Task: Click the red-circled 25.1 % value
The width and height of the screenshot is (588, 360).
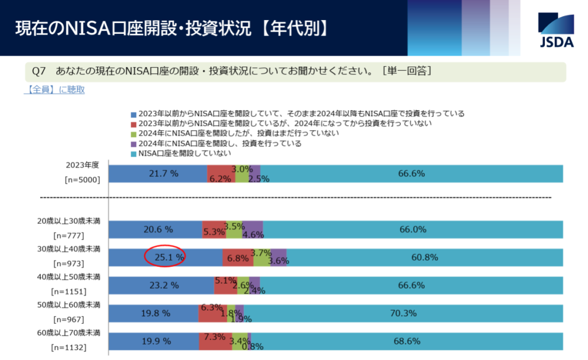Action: coord(164,258)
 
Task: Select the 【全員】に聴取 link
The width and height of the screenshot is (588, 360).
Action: coord(55,90)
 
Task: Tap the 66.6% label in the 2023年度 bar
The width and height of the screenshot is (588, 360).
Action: coord(411,173)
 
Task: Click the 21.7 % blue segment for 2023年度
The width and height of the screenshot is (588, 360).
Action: coord(157,173)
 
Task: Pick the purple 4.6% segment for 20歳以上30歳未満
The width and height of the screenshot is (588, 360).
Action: coord(253,230)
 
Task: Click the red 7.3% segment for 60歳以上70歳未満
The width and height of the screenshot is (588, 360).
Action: coord(215,341)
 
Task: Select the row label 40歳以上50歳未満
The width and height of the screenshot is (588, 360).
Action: coord(69,277)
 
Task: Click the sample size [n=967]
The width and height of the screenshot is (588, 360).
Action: coord(69,319)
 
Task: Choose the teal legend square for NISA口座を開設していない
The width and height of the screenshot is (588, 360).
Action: coord(134,154)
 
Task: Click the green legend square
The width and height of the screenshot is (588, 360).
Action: coord(134,134)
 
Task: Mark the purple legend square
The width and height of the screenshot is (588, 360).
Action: coord(134,144)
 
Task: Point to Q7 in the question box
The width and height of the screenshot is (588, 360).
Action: coord(39,72)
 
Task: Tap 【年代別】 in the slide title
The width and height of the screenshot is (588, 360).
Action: coord(294,28)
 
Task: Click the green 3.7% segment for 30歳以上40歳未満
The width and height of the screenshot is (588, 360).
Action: coord(262,258)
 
